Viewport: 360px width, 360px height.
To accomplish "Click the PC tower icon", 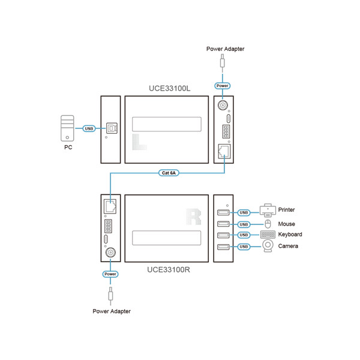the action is click(x=67, y=128).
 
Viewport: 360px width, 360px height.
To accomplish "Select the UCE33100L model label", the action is click(x=170, y=88).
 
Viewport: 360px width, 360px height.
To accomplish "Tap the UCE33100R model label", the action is click(x=169, y=269).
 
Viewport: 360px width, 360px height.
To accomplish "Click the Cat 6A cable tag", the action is click(x=169, y=173).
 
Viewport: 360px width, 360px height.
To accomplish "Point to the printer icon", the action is click(x=268, y=211).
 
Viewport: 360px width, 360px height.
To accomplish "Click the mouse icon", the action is click(x=268, y=224).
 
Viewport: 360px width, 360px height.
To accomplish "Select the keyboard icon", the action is click(x=268, y=235).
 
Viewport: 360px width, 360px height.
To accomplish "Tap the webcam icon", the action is click(x=268, y=246).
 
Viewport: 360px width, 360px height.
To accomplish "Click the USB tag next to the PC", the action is click(x=89, y=128).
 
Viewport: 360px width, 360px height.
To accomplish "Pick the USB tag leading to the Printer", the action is click(x=244, y=212).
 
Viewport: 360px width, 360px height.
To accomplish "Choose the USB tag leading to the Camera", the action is click(x=244, y=247).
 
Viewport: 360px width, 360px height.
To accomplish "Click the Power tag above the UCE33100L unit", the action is click(x=222, y=86).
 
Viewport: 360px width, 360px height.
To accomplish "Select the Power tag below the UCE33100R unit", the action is click(x=110, y=274).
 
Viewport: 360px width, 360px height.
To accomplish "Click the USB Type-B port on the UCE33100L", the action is click(x=112, y=128).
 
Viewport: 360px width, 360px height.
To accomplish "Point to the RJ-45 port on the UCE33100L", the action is click(x=224, y=152).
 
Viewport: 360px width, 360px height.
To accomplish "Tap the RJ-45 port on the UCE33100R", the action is click(x=110, y=206).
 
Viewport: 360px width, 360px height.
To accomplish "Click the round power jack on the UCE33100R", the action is click(x=110, y=253).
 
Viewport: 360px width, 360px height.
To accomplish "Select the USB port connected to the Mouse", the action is click(x=223, y=224).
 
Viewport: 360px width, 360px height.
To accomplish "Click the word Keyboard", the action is click(x=290, y=235).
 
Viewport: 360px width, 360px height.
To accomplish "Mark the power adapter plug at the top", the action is click(x=222, y=61).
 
